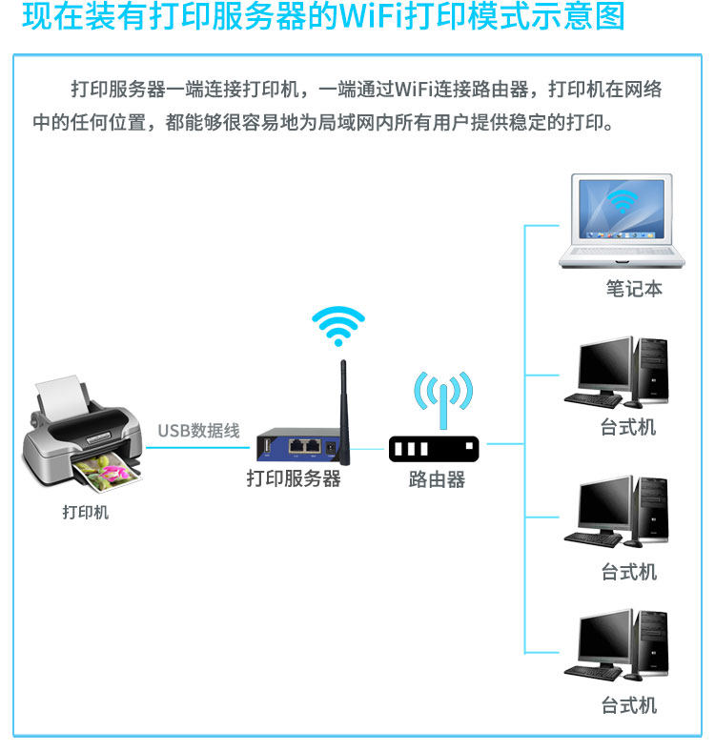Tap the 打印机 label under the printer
pos(86,513)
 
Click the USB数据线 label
pos(198,431)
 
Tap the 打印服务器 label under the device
pos(294,478)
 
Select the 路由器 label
pos(437,479)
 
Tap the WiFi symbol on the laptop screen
pos(623,201)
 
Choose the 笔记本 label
pos(634,288)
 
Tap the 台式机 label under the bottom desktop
pos(629,706)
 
